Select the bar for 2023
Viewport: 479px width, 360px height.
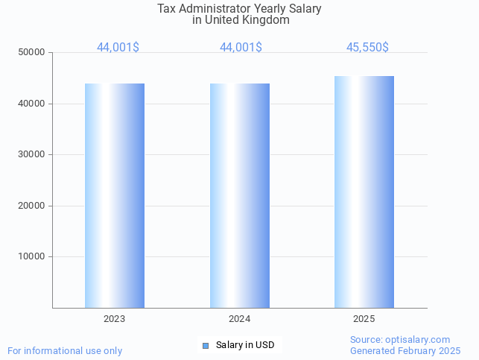(x=115, y=195)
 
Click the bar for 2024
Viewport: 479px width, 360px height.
(x=240, y=195)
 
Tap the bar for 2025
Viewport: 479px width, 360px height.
(x=364, y=192)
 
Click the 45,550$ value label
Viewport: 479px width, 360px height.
(x=367, y=48)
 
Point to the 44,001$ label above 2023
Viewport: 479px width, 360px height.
(x=118, y=48)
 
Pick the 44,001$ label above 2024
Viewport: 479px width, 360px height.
(x=241, y=48)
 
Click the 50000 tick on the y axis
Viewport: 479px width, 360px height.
(x=32, y=53)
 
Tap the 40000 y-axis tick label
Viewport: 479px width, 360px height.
(x=32, y=104)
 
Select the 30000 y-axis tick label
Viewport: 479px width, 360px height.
(x=32, y=154)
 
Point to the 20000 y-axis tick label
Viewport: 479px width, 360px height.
(x=32, y=206)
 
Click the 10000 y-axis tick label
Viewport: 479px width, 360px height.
(x=32, y=256)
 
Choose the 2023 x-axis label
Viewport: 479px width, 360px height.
(x=115, y=319)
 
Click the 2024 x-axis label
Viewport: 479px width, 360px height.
(x=240, y=319)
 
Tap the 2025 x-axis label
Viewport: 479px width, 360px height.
(x=364, y=319)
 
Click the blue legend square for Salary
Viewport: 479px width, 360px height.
(x=206, y=345)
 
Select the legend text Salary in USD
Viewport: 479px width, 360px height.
(x=245, y=345)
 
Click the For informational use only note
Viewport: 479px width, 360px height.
(x=65, y=351)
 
